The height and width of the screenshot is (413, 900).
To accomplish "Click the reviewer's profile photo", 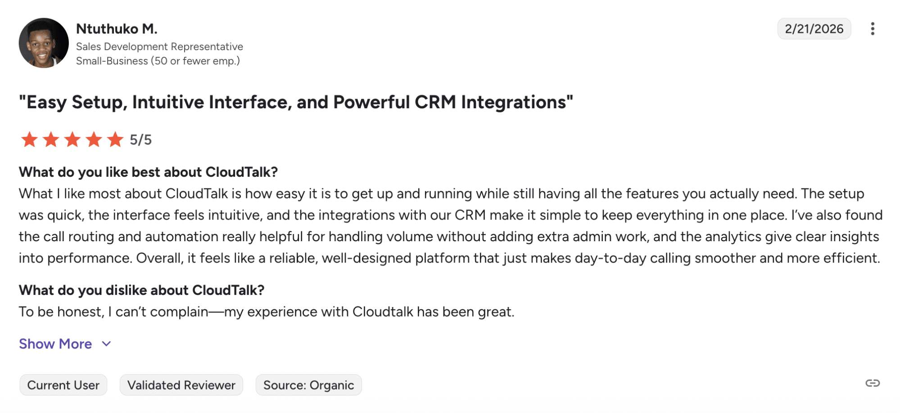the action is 44,43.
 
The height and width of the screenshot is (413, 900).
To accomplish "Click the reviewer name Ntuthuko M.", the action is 117,28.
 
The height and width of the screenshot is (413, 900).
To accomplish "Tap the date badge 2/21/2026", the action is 814,29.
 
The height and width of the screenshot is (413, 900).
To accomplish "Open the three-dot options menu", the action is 873,29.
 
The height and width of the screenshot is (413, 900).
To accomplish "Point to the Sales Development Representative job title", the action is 159,46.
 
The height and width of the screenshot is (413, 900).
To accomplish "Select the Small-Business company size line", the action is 158,61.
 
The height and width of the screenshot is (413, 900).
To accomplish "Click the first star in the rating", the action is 29,139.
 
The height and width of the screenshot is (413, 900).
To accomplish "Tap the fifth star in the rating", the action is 115,139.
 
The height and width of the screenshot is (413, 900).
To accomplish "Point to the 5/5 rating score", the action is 140,140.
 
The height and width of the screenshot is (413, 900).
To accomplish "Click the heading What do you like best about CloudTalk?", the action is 148,172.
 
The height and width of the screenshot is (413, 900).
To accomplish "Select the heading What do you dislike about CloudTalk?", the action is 141,290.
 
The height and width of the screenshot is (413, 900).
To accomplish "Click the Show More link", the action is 55,344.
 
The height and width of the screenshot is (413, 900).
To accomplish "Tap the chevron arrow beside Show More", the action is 106,344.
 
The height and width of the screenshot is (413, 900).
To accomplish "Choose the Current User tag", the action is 63,385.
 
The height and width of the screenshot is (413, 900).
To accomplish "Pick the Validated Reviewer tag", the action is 181,385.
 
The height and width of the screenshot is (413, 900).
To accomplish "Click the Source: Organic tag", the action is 308,385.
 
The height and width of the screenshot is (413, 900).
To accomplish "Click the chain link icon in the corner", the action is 873,383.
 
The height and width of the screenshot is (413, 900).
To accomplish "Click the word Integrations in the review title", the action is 517,102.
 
